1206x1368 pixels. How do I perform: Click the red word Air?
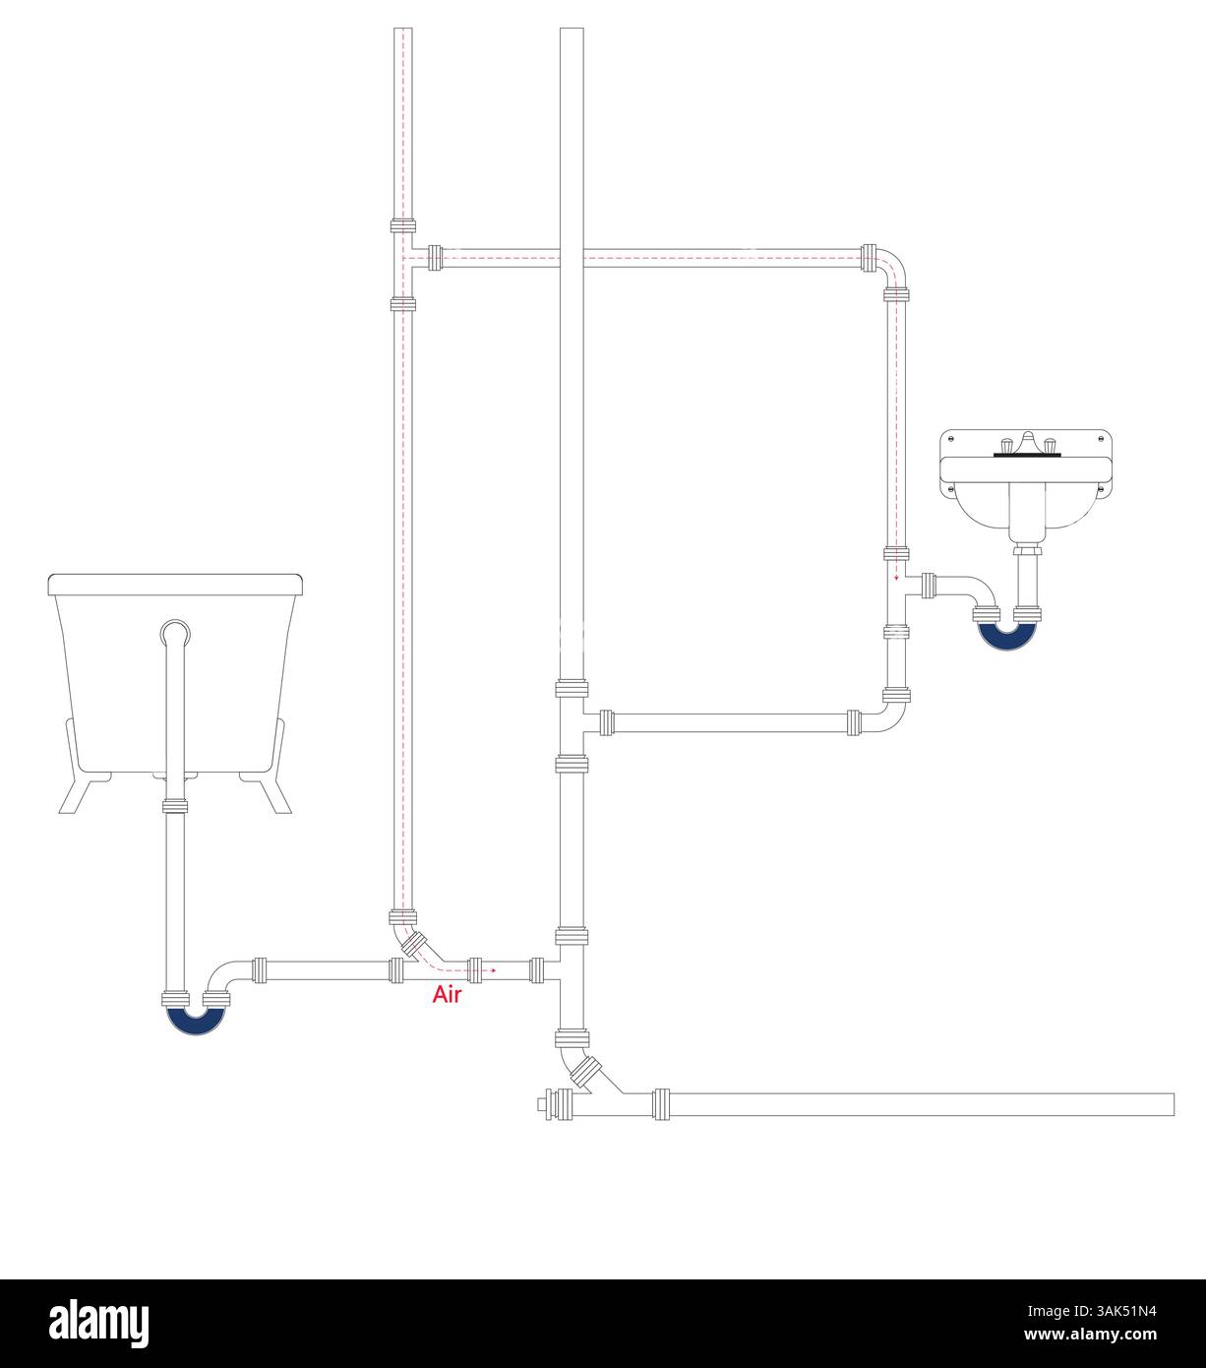(447, 995)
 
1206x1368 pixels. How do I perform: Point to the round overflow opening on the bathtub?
(175, 634)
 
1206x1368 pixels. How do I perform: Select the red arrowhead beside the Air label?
(494, 970)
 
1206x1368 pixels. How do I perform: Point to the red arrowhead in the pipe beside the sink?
(896, 578)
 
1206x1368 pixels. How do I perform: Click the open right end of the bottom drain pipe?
(1173, 1104)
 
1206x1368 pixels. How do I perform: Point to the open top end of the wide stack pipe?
(572, 30)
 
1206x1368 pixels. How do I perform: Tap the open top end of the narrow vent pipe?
(403, 30)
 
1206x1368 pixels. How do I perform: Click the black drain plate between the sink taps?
(1027, 455)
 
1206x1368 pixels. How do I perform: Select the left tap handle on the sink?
(1007, 445)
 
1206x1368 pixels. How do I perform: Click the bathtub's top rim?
(175, 585)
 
